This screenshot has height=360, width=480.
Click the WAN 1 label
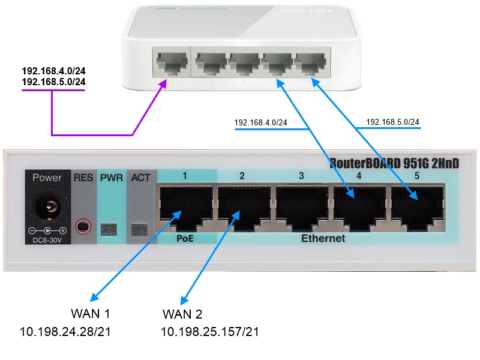pos(91,314)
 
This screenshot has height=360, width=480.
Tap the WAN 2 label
pos(182,314)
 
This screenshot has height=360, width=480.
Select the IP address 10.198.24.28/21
pos(65,332)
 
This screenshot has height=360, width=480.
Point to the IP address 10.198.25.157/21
pos(209,332)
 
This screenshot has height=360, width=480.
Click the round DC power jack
pos(47,210)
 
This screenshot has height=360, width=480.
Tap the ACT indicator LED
pos(140,229)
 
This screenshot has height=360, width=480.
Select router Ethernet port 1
pos(185,207)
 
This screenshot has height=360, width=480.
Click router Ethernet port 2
pos(242,207)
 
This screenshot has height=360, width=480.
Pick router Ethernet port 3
pos(301,207)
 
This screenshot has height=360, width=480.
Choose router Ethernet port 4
pos(358,207)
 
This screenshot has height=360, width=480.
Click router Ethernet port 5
pos(416,207)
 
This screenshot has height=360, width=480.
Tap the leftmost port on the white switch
pos(170,62)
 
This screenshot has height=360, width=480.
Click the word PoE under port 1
pos(184,239)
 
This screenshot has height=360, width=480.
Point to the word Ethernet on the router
pos(323,239)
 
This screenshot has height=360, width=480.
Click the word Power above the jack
pos(47,178)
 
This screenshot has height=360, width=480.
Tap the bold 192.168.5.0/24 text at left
pos(53,82)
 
